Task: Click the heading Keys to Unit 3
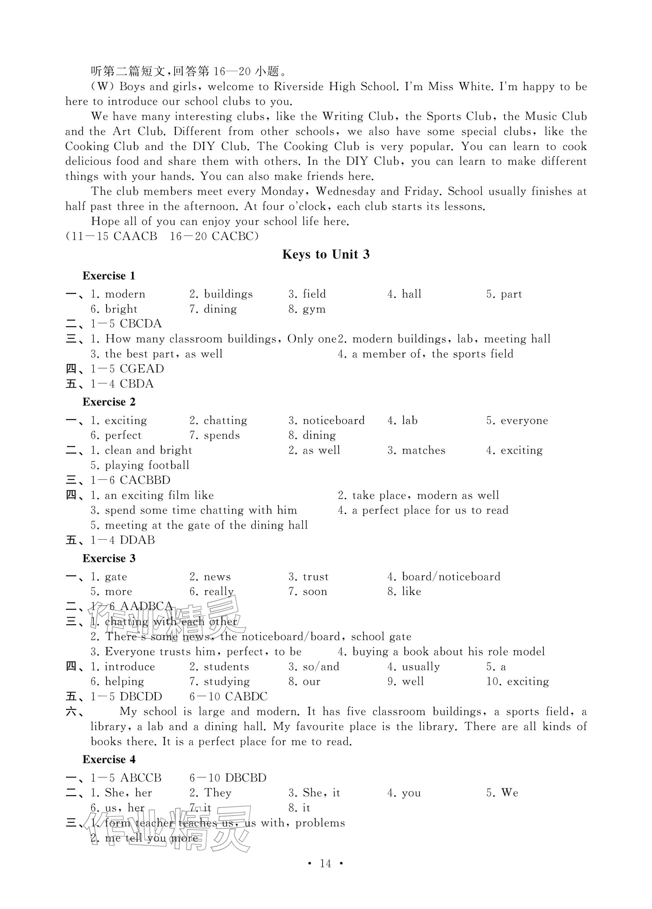326,255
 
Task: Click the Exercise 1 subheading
109,276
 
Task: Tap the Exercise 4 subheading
109,759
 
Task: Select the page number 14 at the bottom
326,863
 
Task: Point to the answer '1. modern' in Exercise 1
118,294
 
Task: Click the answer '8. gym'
307,309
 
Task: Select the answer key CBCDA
141,324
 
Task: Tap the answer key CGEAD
142,369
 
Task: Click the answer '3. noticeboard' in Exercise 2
326,421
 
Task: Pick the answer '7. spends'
215,435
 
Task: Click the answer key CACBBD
145,480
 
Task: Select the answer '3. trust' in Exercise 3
308,577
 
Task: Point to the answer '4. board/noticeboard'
444,577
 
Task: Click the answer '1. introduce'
123,666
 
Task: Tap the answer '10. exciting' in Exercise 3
518,681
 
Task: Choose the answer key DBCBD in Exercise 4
245,778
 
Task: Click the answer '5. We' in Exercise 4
502,793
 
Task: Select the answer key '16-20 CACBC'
214,236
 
